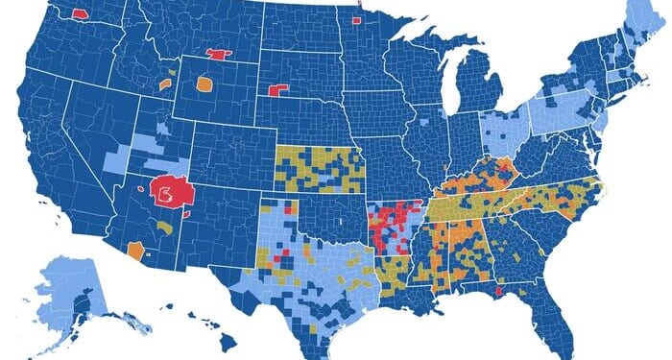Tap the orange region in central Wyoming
pyautogui.click(x=204, y=84)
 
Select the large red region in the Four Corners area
pyautogui.click(x=170, y=192)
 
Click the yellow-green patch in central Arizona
pyautogui.click(x=167, y=228)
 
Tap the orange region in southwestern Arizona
pyautogui.click(x=134, y=251)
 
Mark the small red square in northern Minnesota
pyautogui.click(x=357, y=18)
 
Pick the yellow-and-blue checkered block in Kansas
pyautogui.click(x=320, y=168)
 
